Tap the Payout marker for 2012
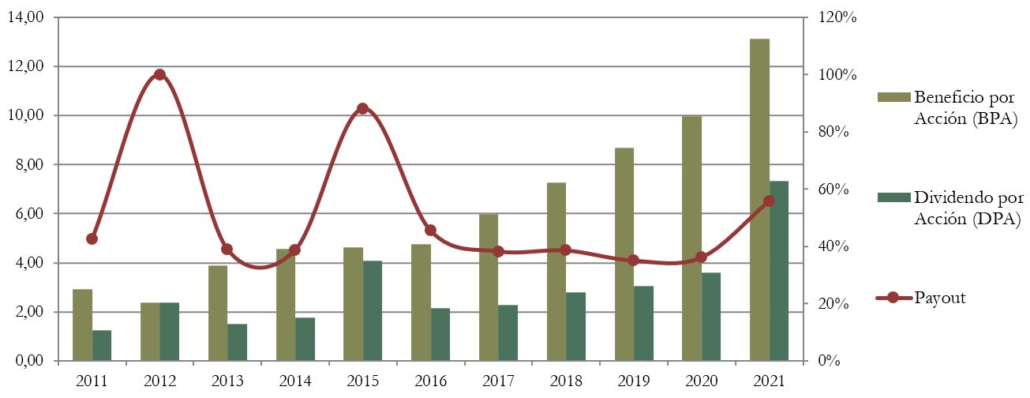click(159, 75)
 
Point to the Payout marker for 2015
click(362, 108)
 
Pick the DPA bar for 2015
click(373, 311)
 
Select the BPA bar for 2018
click(556, 272)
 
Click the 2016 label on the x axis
click(430, 381)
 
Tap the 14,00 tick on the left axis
click(29, 17)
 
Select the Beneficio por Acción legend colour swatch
click(893, 97)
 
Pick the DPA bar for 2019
click(644, 324)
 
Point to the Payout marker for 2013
click(227, 249)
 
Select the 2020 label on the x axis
click(701, 381)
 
